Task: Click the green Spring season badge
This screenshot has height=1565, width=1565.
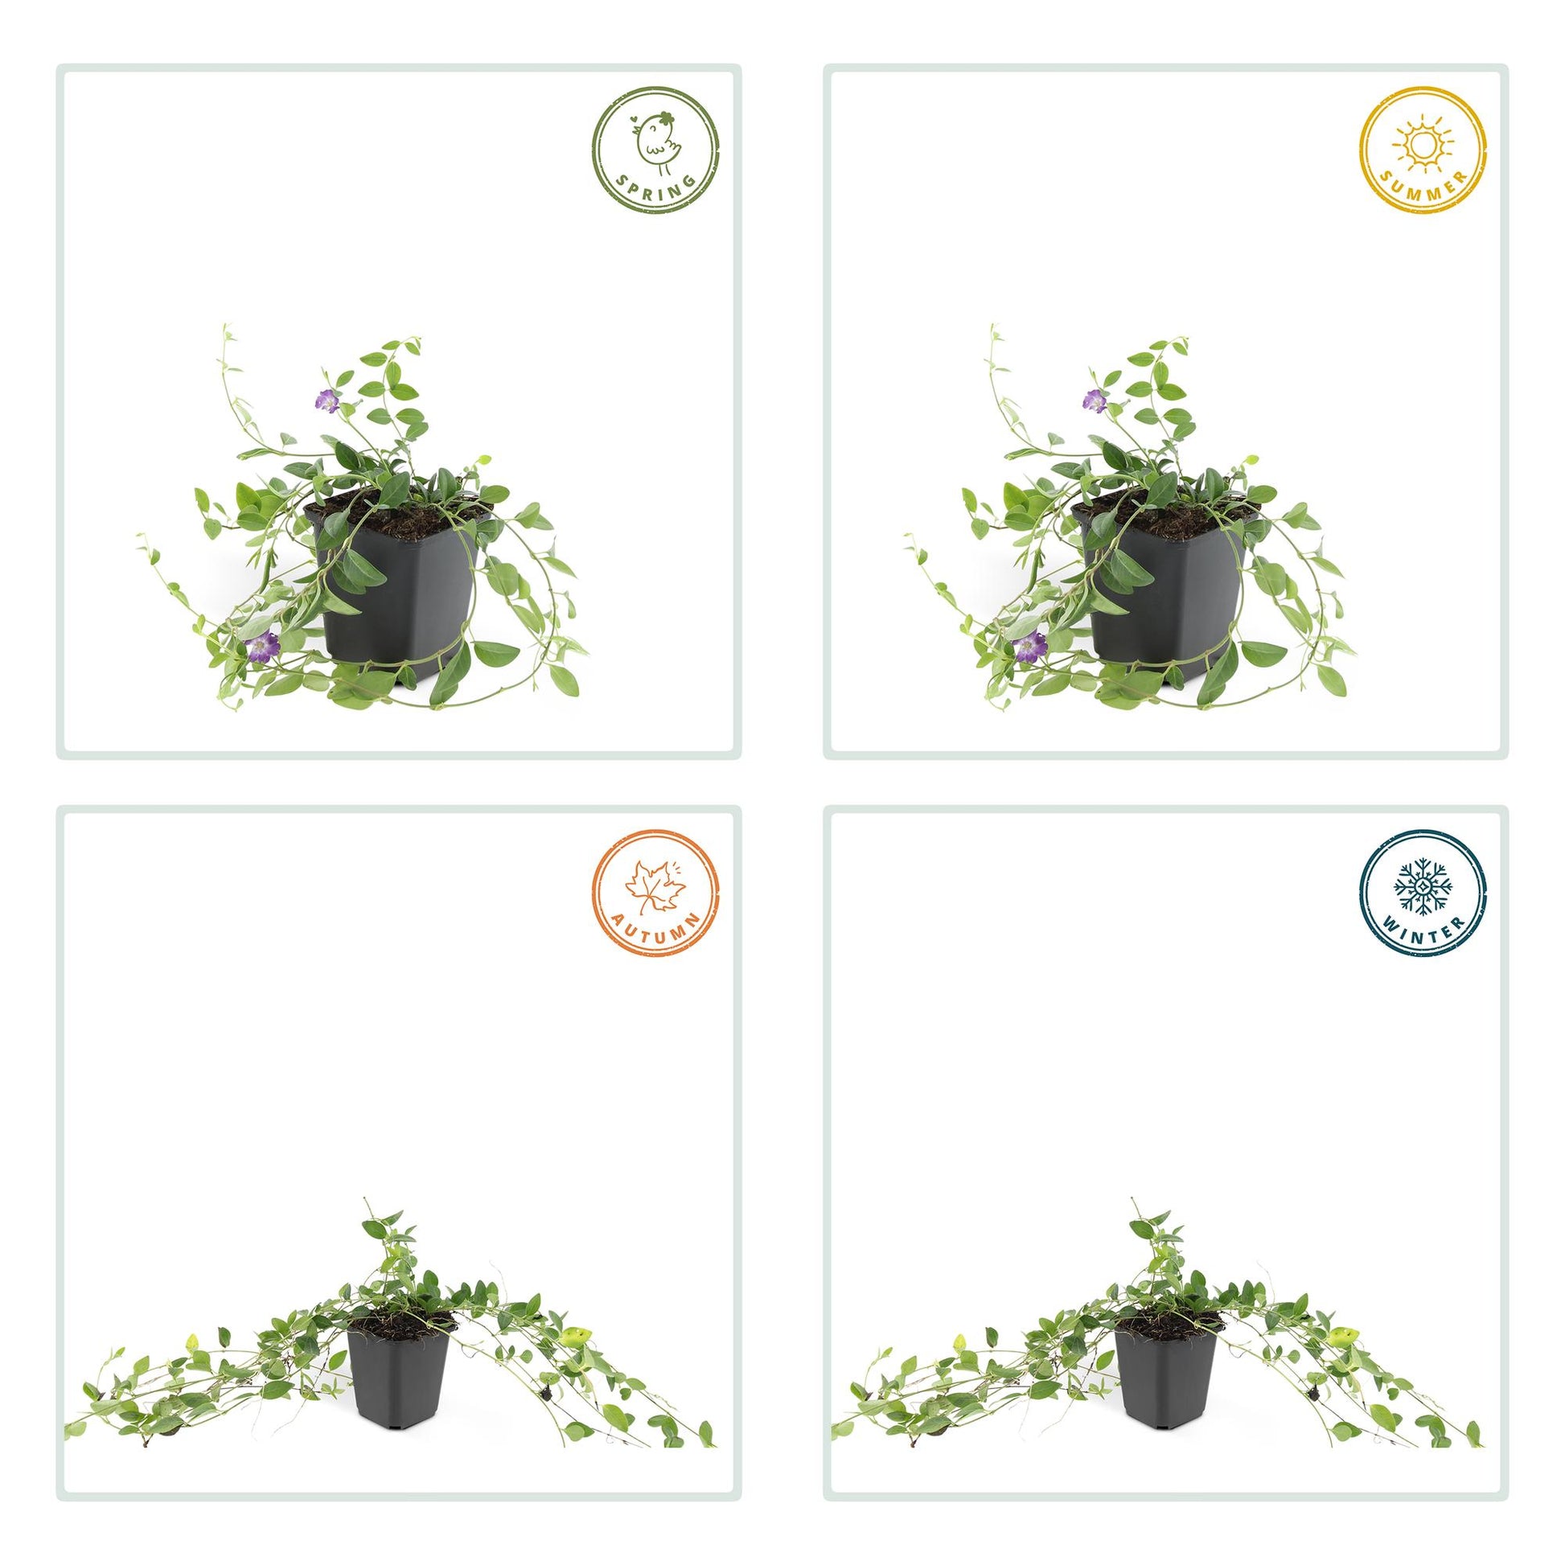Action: [x=656, y=150]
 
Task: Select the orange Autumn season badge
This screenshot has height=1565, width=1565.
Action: [x=656, y=893]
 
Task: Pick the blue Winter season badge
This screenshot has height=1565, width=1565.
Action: [x=1423, y=893]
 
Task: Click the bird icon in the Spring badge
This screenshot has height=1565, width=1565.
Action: [x=658, y=143]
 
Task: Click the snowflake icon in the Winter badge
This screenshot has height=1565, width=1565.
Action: [x=1423, y=887]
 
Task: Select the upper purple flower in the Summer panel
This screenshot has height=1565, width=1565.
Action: [x=1093, y=399]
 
